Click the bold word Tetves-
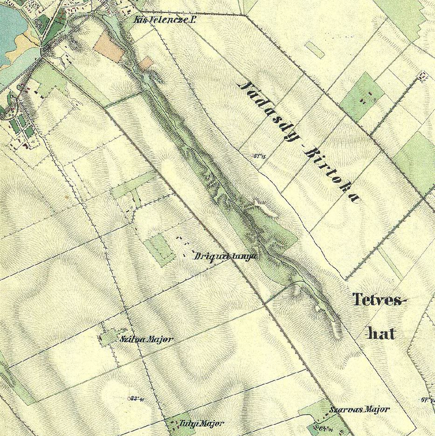coord(380,299)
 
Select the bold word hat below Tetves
coord(381,333)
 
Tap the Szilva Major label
coord(146,339)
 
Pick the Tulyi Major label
coord(201,423)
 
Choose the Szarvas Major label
coord(359,409)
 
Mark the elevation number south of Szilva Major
coord(136,398)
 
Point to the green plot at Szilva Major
coord(108,338)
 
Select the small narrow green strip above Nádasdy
coord(315,49)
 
